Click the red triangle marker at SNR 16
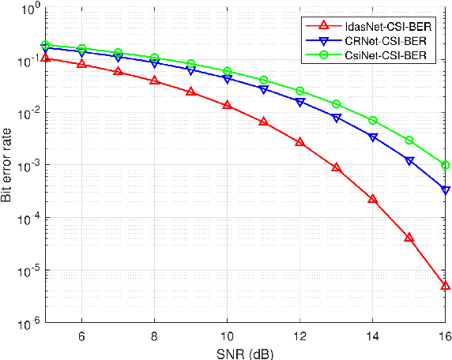pos(446,286)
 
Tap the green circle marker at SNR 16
pos(446,165)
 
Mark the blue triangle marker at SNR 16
pos(446,190)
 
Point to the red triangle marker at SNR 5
pos(45,58)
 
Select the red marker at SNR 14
pos(373,199)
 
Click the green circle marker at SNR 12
pos(300,92)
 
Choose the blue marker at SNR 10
pos(227,79)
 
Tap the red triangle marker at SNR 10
pos(227,104)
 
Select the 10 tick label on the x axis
pos(227,336)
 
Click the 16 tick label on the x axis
pos(444,336)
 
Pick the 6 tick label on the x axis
pos(81,336)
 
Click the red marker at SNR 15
pos(409,237)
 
